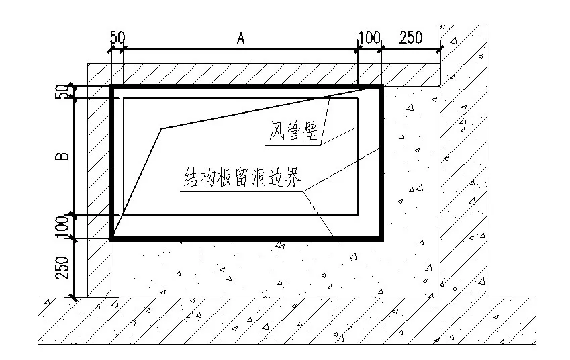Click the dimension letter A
click(240, 38)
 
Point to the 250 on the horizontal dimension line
click(411, 38)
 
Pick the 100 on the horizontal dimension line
click(369, 38)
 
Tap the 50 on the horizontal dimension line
click(117, 38)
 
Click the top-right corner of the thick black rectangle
click(381, 87)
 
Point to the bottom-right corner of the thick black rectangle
click(381, 238)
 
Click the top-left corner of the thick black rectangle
click(111, 87)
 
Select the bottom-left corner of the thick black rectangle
click(111, 238)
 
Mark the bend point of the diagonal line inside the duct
click(161, 128)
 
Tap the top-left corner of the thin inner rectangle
click(124, 99)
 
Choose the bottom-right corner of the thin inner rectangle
click(357, 215)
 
